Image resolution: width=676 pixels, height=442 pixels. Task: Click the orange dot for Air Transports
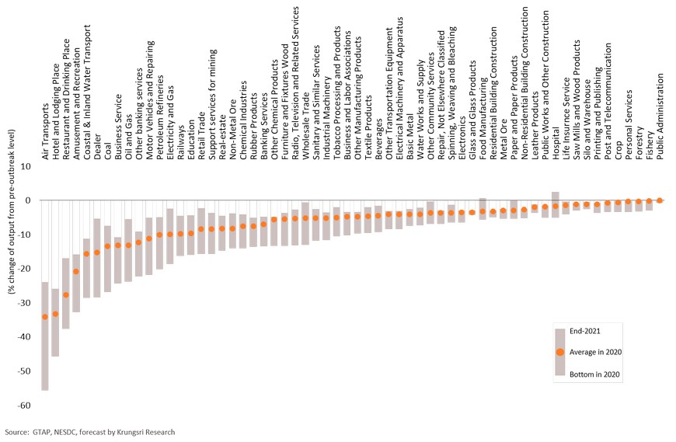pos(45,316)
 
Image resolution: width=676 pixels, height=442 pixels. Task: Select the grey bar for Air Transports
pos(45,357)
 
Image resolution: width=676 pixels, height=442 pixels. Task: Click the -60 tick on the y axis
pos(25,405)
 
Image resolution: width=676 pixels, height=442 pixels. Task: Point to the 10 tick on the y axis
pos(26,166)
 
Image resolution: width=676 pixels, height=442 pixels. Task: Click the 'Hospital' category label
pos(556,145)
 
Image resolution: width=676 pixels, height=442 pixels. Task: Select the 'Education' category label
pos(191,144)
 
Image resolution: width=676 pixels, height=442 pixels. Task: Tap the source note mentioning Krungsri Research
pos(89,432)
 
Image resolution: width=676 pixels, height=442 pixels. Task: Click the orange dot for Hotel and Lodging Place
pos(55,313)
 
